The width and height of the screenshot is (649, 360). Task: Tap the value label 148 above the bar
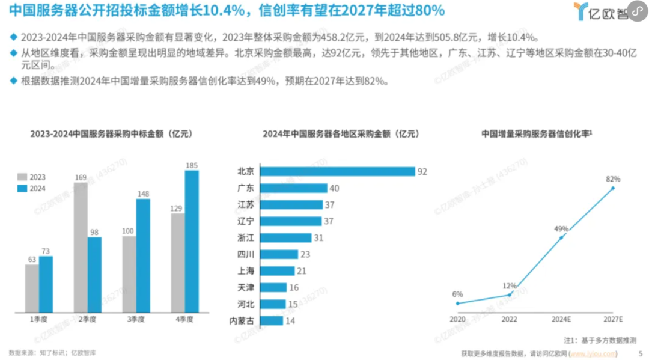coord(143,194)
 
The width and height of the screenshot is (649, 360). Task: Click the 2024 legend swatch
coord(23,188)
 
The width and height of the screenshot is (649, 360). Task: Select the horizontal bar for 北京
coord(337,172)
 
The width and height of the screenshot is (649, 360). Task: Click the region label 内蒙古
coord(242,320)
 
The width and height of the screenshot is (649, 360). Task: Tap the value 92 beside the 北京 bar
coord(422,172)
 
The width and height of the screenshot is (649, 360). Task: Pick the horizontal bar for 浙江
coord(285,238)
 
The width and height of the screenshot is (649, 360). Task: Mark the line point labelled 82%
coord(613,188)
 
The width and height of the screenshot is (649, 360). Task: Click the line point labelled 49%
coord(561,237)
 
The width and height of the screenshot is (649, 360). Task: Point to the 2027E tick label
coord(614,319)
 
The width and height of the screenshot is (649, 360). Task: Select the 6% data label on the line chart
coord(458,294)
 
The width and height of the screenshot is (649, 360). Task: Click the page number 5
coord(640,353)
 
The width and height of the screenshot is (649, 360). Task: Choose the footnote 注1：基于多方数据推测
coord(599,340)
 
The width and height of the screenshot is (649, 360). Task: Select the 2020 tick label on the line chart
coord(457,319)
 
